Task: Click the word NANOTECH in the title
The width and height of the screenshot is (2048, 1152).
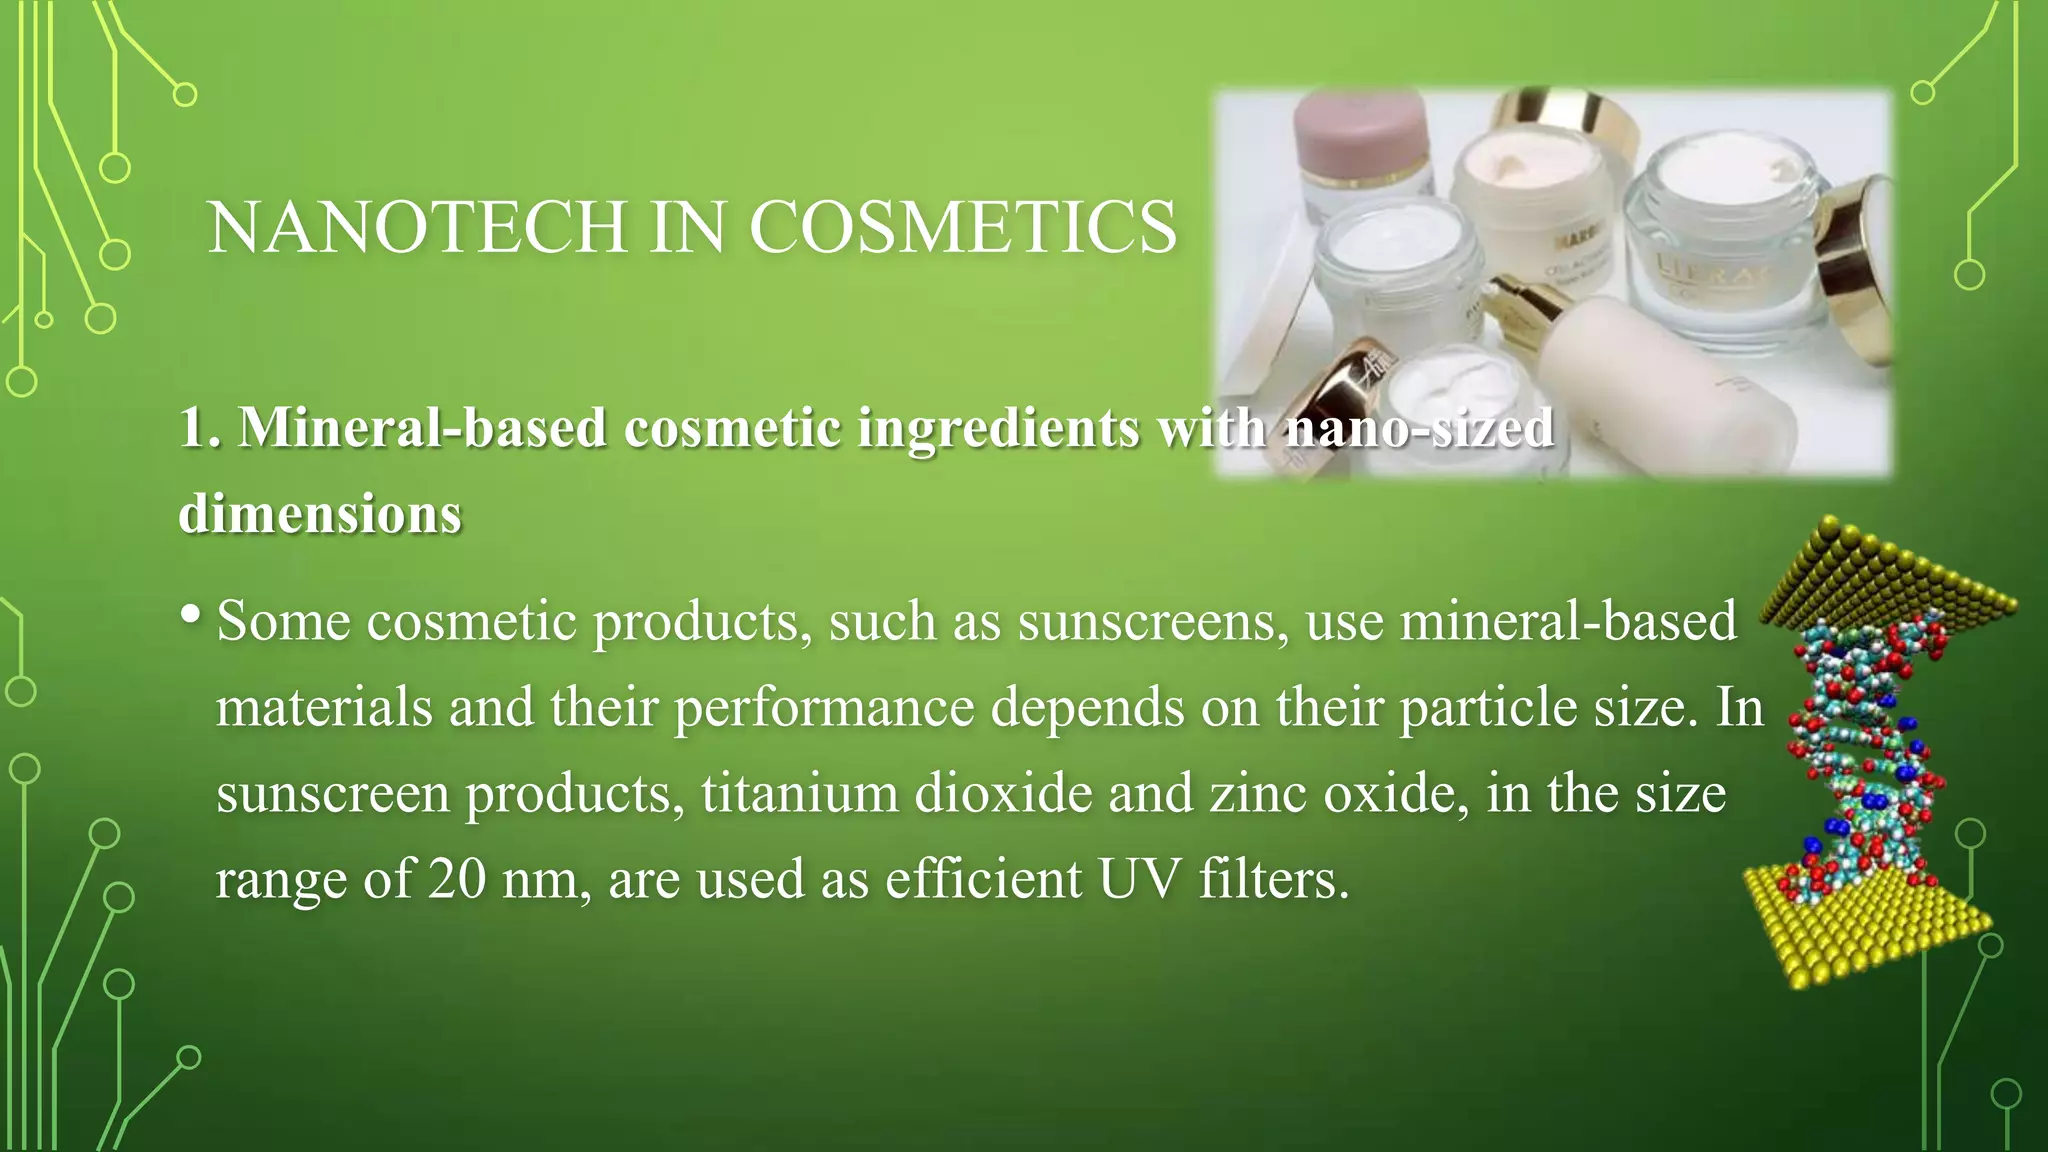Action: click(x=418, y=227)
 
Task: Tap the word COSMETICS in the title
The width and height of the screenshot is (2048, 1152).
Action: click(x=963, y=227)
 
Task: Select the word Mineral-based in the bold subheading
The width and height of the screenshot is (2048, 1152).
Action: click(x=422, y=428)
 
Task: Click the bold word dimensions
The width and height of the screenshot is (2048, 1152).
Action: click(x=320, y=514)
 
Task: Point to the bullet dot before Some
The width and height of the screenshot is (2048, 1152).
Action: click(x=191, y=613)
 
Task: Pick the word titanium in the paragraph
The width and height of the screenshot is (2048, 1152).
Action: click(x=799, y=794)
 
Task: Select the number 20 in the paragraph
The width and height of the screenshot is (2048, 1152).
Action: click(x=457, y=880)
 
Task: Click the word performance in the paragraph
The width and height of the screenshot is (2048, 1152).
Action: click(x=824, y=708)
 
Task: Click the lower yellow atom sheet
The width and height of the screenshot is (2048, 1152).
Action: click(x=1865, y=925)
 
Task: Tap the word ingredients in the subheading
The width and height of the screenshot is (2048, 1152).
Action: click(x=998, y=428)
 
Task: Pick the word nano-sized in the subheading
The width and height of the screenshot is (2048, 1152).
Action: click(x=1419, y=428)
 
